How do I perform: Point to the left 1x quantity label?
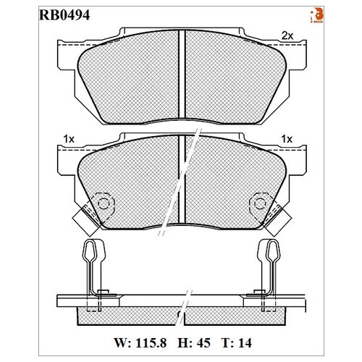tap(70, 137)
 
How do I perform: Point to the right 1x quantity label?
tap(287, 137)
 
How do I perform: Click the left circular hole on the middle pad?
tap(104, 203)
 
